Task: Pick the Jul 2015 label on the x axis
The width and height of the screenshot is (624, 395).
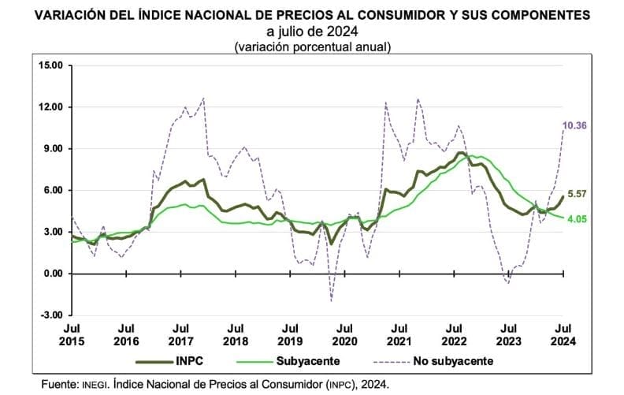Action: pyautogui.click(x=72, y=335)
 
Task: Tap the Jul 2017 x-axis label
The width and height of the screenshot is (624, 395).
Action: pyautogui.click(x=180, y=335)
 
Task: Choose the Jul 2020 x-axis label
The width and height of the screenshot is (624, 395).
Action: pyautogui.click(x=344, y=335)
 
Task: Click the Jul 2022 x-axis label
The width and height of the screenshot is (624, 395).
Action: pyautogui.click(x=453, y=335)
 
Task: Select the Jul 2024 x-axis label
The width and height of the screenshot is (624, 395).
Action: pyautogui.click(x=563, y=335)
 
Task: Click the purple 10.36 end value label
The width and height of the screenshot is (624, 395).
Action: pyautogui.click(x=579, y=125)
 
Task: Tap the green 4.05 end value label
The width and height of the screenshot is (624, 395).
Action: pyautogui.click(x=579, y=219)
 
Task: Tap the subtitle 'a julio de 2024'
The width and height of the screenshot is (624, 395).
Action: pyautogui.click(x=313, y=32)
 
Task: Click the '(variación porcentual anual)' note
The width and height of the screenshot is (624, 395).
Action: pyautogui.click(x=313, y=47)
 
